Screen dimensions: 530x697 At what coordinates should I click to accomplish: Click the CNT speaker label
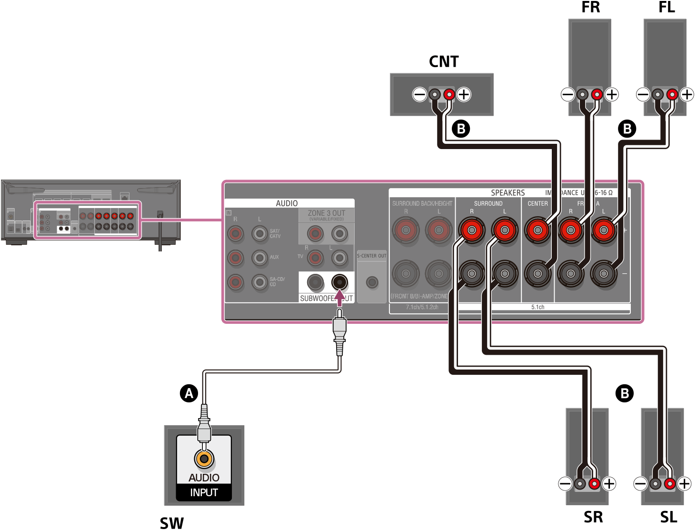coord(444,61)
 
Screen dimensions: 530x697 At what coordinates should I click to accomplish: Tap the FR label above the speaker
coord(590,7)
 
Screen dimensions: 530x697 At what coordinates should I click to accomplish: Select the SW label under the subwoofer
coord(171,522)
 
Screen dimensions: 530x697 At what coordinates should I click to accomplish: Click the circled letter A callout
coord(189,393)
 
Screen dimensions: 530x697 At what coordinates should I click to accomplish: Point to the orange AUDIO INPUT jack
coord(204,459)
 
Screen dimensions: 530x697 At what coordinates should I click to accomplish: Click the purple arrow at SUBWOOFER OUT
coord(339,298)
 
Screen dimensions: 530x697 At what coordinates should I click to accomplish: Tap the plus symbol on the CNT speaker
coord(464,94)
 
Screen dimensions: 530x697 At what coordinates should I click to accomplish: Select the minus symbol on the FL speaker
coord(643,94)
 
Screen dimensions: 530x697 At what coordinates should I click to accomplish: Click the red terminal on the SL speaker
coord(670,484)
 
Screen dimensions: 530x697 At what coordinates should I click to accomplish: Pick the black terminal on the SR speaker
coord(580,484)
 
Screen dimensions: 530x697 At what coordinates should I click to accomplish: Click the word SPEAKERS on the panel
coord(508,193)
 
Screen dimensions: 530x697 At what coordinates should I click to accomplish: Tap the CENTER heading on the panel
coord(538,203)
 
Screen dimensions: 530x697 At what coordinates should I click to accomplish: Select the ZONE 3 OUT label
coord(326,213)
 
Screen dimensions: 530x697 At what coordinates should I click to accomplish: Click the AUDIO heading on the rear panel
coord(287,203)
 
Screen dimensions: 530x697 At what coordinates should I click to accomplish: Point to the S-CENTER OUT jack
coord(372,282)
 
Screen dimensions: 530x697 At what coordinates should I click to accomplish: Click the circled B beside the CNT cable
coord(461,129)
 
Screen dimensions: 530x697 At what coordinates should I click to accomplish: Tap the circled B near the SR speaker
coord(624,393)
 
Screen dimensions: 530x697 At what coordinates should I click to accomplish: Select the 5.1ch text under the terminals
coord(538,307)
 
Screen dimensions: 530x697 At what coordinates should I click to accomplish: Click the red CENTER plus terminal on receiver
coord(538,230)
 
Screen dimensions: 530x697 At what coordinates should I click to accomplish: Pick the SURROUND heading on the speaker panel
coord(488,203)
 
